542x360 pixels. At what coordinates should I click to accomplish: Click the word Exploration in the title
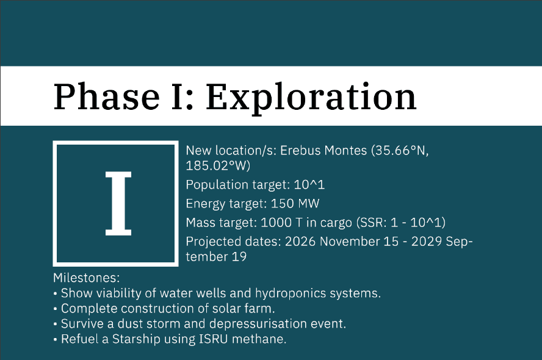pyautogui.click(x=311, y=98)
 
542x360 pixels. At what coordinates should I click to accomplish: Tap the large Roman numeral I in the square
pyautogui.click(x=118, y=204)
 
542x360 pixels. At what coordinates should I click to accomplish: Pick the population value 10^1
pyautogui.click(x=309, y=184)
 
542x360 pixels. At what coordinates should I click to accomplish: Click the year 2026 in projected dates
pyautogui.click(x=300, y=242)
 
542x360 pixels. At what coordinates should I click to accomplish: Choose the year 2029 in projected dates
pyautogui.click(x=426, y=242)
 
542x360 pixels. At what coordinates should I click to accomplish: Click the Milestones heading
pyautogui.click(x=87, y=278)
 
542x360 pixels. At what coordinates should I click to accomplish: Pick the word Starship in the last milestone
pyautogui.click(x=136, y=339)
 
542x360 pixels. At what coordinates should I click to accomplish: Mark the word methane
pyautogui.click(x=259, y=339)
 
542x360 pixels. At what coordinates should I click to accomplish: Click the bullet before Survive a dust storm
pyautogui.click(x=56, y=325)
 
